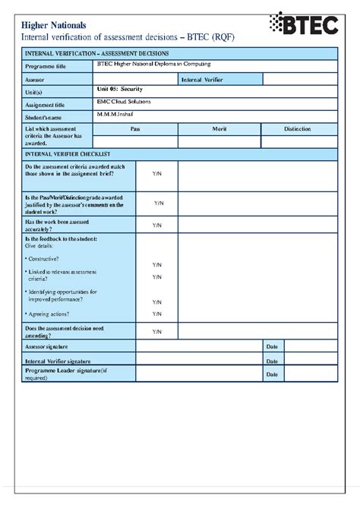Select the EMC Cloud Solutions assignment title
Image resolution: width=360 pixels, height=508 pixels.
click(x=124, y=102)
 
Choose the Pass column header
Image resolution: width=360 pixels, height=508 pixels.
click(x=135, y=129)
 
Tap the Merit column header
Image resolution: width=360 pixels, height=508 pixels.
click(x=219, y=129)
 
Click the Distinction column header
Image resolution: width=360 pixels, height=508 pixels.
click(x=298, y=129)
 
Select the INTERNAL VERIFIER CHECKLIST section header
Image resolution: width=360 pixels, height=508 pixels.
click(x=69, y=154)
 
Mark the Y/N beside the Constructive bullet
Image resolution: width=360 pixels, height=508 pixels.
click(x=157, y=265)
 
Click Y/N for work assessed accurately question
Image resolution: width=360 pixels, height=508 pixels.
click(x=157, y=226)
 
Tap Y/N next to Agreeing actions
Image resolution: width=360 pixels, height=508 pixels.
click(x=157, y=314)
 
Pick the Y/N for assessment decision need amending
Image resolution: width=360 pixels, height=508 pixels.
click(x=157, y=332)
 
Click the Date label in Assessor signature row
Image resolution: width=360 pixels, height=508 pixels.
click(x=272, y=346)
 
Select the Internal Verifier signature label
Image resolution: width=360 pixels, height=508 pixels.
click(x=58, y=361)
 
